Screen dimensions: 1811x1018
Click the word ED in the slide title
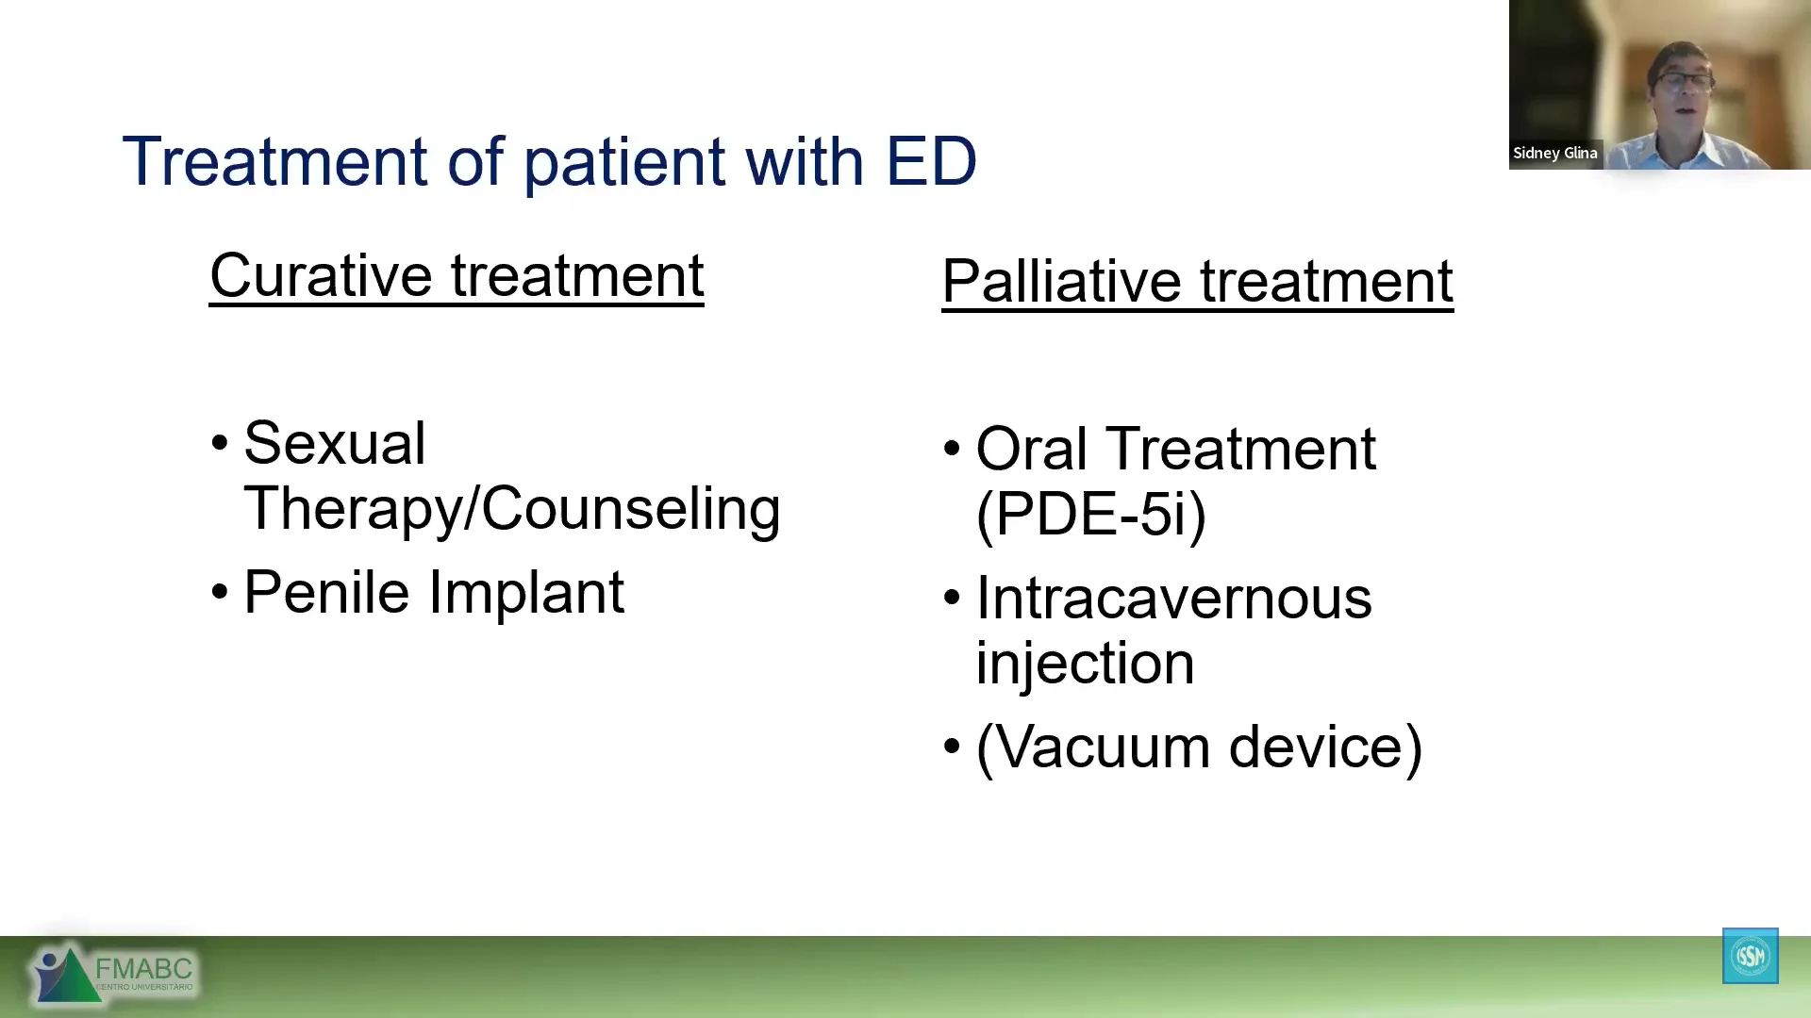pos(931,161)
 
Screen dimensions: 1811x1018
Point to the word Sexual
pos(334,443)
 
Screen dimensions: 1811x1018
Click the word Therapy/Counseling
pos(512,509)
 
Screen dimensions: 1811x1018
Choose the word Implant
pos(525,593)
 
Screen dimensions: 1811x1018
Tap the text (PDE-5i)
pos(1091,515)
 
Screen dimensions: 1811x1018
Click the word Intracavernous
pos(1173,598)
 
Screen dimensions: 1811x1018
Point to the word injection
pos(1085,664)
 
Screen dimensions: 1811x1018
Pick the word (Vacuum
pos(1093,747)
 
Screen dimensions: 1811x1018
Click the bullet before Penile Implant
pos(220,593)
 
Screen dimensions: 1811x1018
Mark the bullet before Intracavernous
pos(952,598)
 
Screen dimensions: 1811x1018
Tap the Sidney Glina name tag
pos(1555,153)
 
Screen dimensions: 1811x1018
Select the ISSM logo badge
pos(1751,956)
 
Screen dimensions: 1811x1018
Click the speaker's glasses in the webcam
pos(1685,80)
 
